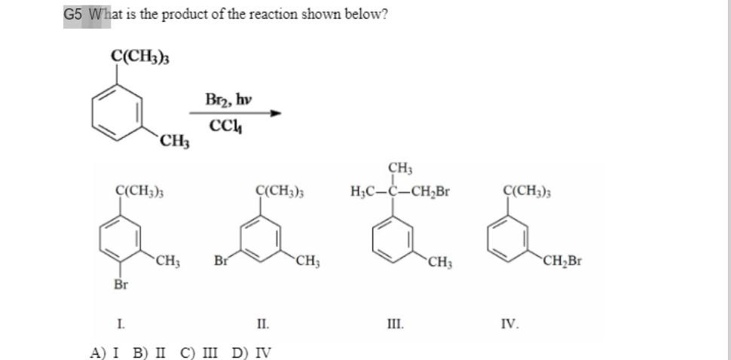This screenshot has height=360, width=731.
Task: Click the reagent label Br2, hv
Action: pos(229,99)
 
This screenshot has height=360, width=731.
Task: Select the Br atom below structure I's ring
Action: pos(121,284)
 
